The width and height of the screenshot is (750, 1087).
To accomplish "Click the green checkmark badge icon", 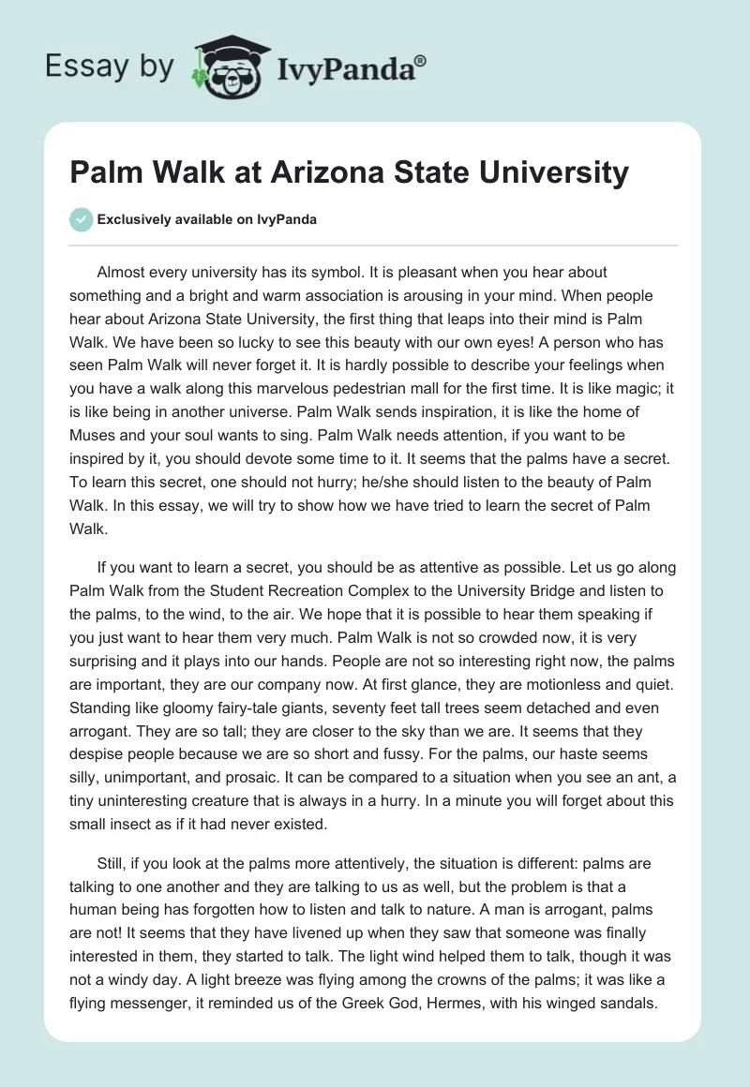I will pos(81,219).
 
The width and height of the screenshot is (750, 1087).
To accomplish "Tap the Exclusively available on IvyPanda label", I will pos(207,220).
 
